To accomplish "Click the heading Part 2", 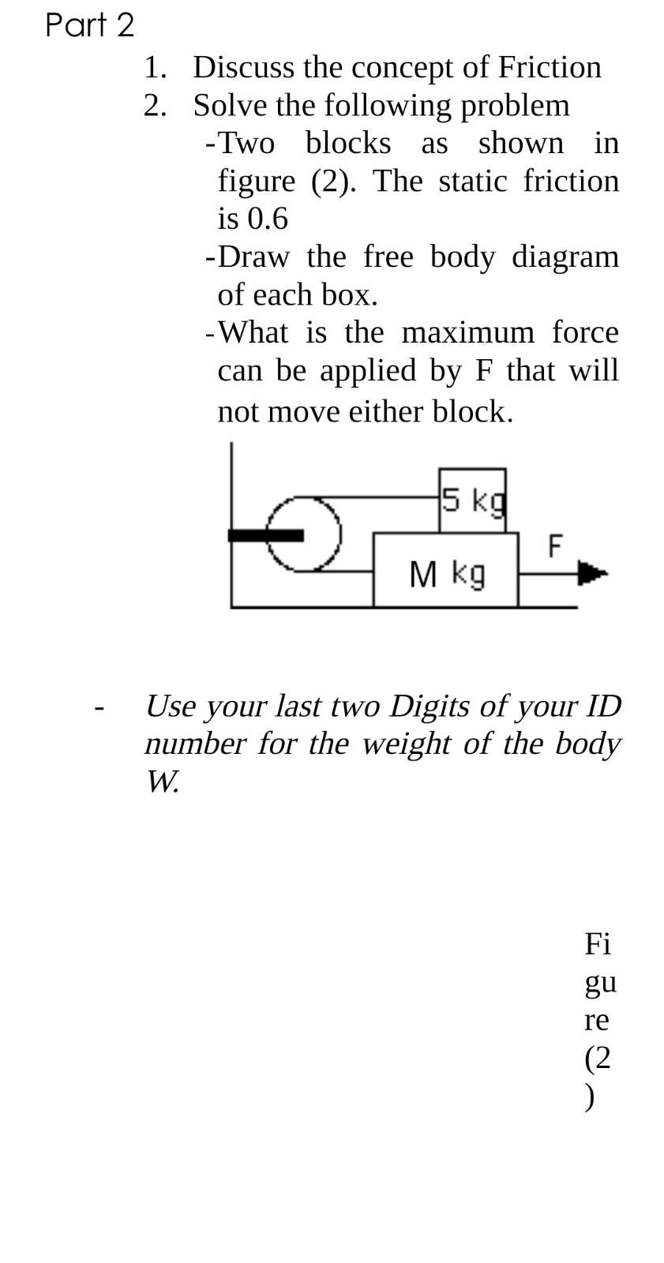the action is (90, 25).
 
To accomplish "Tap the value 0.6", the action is (268, 219).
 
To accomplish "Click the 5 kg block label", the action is (472, 500).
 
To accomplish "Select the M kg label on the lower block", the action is (447, 574).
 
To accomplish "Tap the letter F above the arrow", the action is (555, 545).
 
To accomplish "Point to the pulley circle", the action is (304, 534).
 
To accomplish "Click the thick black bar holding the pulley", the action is (265, 535).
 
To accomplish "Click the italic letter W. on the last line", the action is (163, 781).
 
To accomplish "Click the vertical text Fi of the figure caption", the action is (598, 943).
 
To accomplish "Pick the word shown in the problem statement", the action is (521, 143).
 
